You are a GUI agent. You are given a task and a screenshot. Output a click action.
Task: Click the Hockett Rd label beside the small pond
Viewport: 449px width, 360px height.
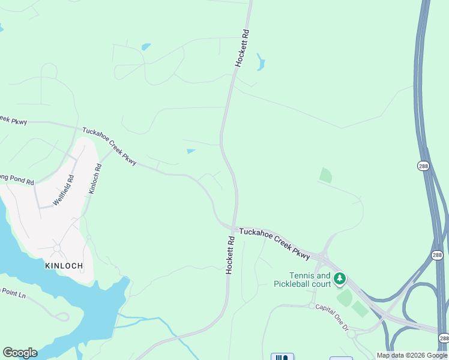tap(242, 48)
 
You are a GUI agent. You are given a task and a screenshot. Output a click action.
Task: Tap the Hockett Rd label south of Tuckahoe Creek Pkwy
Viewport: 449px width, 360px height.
tap(230, 255)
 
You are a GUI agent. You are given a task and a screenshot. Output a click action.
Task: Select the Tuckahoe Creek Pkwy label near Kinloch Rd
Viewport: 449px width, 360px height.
tap(110, 146)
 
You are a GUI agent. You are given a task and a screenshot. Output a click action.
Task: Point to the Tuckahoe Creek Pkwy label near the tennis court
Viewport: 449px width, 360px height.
tap(275, 243)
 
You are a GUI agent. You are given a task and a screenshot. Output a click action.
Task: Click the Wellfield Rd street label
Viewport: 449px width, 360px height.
tap(63, 190)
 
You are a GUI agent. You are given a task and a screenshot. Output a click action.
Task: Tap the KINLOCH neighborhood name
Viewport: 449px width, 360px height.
tap(63, 265)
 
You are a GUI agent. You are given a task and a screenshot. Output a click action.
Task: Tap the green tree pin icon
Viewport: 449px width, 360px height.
tap(340, 278)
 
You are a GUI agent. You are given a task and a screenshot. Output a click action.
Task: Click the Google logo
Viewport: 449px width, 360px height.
tap(20, 353)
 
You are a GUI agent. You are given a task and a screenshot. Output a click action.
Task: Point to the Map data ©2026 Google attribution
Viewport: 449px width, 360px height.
tap(412, 355)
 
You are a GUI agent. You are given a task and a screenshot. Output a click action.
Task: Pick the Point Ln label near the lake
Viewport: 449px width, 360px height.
tap(13, 294)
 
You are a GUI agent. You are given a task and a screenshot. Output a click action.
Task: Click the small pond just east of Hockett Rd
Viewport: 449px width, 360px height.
tap(261, 62)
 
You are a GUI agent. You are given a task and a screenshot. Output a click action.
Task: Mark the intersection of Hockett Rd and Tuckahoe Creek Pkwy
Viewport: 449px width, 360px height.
tap(234, 227)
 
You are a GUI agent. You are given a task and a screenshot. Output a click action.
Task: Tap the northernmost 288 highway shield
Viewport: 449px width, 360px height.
tap(424, 165)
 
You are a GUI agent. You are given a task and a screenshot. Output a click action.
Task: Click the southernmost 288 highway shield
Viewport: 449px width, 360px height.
tap(443, 339)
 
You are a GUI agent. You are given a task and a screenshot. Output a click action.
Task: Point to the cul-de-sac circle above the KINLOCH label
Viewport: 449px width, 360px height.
tap(57, 248)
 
